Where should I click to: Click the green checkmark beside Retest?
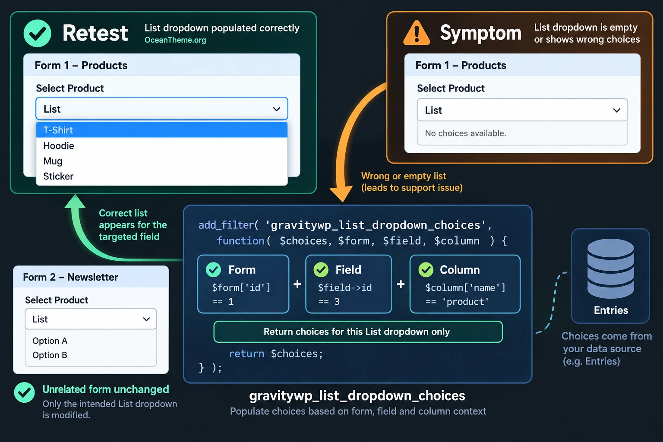[37, 33]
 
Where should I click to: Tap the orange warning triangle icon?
[417, 33]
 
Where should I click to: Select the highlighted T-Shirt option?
[161, 130]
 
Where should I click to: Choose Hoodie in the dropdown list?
[59, 145]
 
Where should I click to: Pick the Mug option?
[53, 161]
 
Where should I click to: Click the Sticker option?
[58, 176]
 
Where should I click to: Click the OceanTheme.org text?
[175, 40]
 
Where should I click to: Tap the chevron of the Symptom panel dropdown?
[617, 110]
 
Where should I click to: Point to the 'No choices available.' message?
[466, 133]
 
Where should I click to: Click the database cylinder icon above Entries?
[611, 268]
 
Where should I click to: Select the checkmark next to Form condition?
[213, 270]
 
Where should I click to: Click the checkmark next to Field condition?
[321, 270]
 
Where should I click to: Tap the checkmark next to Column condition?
[426, 270]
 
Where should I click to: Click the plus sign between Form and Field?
[297, 284]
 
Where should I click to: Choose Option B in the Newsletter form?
[50, 355]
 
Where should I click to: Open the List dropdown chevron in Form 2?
[146, 319]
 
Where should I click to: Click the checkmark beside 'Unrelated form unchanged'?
[24, 392]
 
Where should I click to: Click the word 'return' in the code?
[246, 354]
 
